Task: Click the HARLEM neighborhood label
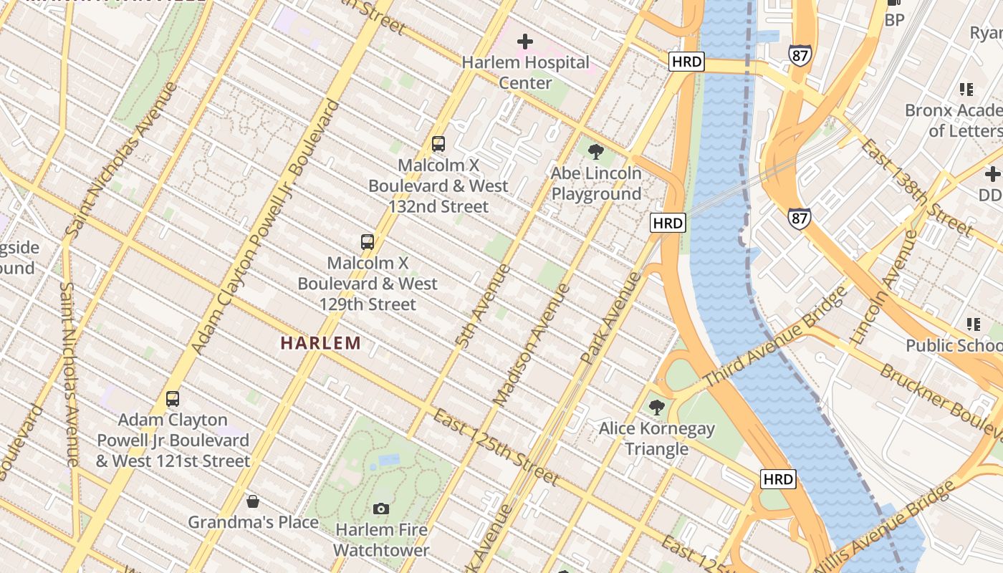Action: coord(320,343)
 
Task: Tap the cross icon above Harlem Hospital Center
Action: coord(525,42)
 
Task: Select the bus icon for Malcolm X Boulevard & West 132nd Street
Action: coord(438,144)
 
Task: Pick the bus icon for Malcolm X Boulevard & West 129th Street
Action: coord(368,241)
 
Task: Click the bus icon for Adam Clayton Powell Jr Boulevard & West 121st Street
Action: coord(173,399)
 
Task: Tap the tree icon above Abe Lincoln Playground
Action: coord(595,152)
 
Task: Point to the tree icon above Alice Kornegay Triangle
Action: coord(656,408)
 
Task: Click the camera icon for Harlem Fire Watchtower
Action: coord(381,509)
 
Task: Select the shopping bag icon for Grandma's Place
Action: coord(252,501)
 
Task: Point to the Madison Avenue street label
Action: coord(532,345)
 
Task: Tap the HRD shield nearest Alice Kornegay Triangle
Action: coord(777,479)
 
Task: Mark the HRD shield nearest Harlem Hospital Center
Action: coord(686,62)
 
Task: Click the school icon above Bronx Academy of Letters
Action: coord(966,90)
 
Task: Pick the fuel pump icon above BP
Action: coord(894,2)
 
